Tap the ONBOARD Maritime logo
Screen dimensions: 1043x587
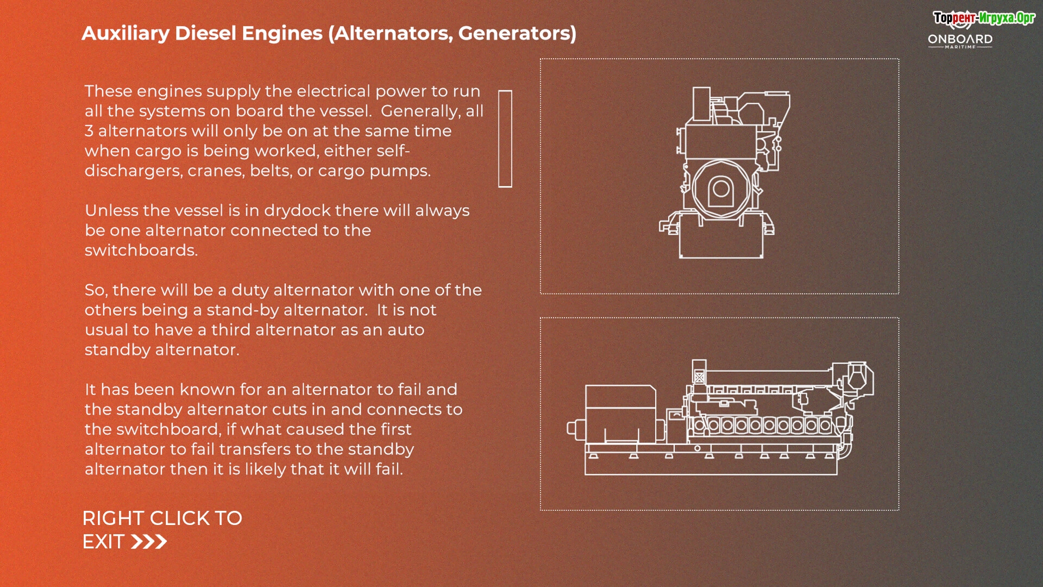(x=960, y=41)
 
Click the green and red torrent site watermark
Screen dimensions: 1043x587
(x=984, y=18)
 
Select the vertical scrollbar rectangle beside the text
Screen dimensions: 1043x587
(x=505, y=139)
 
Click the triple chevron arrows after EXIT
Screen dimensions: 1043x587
(x=149, y=542)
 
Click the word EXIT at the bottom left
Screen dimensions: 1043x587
(x=103, y=542)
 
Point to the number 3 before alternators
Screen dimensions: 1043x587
(x=89, y=131)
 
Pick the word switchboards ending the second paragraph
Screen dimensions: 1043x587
(x=141, y=251)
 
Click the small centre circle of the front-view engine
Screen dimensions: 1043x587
(x=721, y=189)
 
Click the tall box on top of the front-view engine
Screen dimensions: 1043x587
(x=701, y=104)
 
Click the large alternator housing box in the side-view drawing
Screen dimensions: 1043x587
(x=620, y=414)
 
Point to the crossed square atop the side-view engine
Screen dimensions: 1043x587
(x=699, y=377)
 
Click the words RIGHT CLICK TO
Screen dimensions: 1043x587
(x=162, y=519)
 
